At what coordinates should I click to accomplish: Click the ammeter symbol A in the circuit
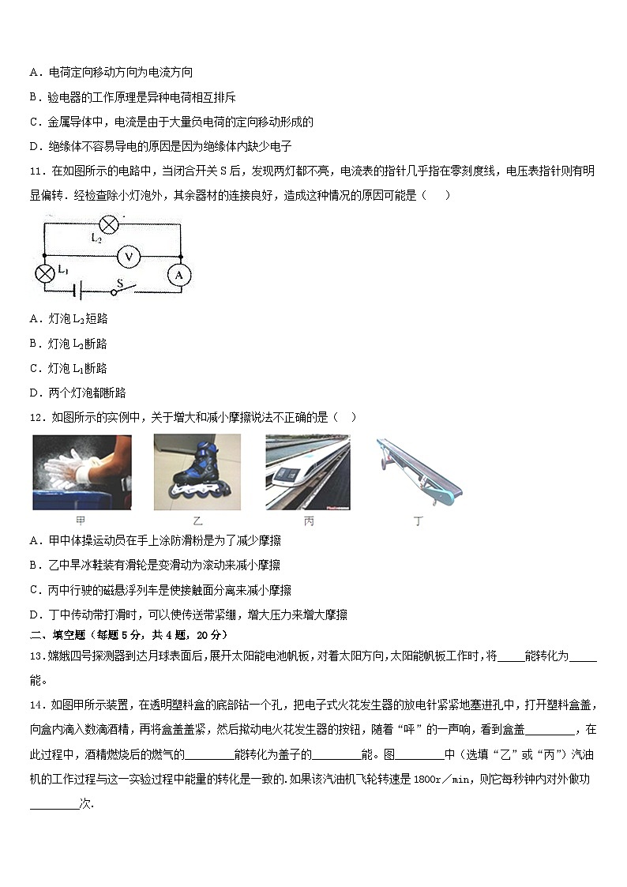coord(179,274)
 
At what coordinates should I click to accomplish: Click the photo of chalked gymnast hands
coord(82,472)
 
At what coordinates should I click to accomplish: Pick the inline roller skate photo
coord(192,472)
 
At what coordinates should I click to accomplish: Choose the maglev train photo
coord(307,472)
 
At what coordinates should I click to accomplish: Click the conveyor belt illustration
coord(418,472)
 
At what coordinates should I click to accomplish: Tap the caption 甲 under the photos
coord(81,521)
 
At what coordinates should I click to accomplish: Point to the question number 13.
coord(36,656)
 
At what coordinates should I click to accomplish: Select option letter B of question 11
coord(34,344)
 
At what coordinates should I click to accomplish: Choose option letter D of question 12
coord(34,615)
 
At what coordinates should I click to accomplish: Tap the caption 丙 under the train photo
coord(308,521)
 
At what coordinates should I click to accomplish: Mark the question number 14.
coord(36,705)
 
